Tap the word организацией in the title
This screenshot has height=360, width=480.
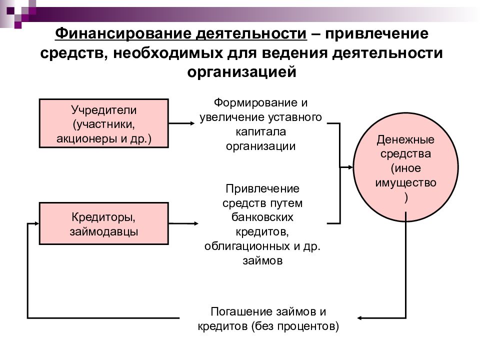242,72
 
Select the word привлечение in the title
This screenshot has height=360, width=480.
376,33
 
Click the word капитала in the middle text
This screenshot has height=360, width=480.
261,131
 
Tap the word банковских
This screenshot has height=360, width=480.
262,217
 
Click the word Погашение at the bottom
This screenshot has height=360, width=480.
241,311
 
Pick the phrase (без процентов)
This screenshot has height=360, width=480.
295,326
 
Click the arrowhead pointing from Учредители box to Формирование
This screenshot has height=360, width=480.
192,123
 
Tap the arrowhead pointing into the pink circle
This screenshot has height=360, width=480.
350,167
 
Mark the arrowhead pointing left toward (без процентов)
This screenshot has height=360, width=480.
359,318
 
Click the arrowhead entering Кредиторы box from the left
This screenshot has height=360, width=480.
36,223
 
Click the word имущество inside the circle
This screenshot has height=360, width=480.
405,183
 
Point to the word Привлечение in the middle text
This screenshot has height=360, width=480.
262,188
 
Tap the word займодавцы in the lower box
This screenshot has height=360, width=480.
104,231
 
